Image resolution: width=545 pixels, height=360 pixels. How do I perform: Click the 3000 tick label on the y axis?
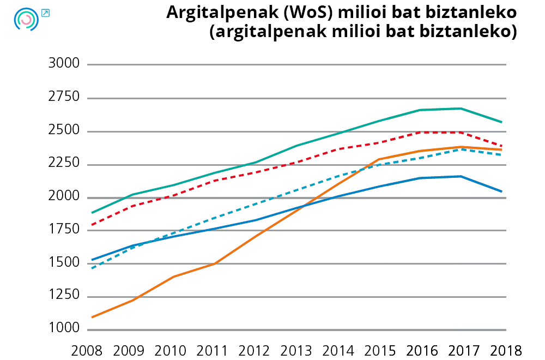64,64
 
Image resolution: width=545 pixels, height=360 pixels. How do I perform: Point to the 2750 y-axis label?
64,98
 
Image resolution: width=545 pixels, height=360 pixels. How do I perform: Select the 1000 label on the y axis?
64,329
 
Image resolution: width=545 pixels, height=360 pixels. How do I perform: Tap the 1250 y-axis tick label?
64,296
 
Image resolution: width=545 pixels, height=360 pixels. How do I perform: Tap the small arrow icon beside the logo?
45,13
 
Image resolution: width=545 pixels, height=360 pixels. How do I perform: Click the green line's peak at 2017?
461,109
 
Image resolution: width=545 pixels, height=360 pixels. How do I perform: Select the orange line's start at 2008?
92,317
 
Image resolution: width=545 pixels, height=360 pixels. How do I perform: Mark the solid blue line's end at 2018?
502,191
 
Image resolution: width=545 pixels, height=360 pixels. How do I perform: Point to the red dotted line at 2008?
92,225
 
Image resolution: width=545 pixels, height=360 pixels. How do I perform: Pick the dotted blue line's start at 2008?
92,268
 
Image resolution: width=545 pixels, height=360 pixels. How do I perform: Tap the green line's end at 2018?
502,122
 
